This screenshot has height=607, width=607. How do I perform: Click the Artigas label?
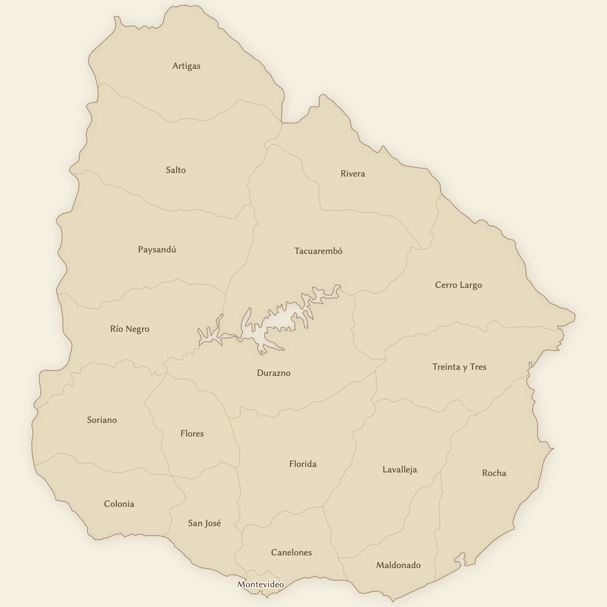[186, 66]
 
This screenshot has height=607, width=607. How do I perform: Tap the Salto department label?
[176, 170]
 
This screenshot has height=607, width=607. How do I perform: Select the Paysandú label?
[157, 249]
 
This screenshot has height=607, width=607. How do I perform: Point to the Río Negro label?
[129, 329]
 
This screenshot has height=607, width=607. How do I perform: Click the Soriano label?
[102, 420]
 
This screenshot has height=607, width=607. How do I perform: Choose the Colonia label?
[119, 504]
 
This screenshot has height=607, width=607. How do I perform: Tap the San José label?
[204, 523]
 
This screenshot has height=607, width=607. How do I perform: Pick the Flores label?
[192, 433]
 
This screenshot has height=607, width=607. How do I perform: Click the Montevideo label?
[261, 584]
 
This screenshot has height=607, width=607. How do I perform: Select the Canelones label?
[291, 552]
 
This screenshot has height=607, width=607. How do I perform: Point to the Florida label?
[302, 464]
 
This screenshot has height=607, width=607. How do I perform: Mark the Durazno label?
[274, 373]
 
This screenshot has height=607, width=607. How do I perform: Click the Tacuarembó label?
[318, 251]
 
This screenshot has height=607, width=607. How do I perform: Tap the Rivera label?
[353, 174]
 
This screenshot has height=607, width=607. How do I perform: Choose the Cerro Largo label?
[458, 285]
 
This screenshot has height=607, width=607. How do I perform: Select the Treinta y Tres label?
[459, 367]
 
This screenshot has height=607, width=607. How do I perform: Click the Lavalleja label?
[400, 469]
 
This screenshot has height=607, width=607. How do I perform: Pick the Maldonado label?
[398, 565]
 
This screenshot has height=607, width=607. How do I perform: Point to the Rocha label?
[494, 473]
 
